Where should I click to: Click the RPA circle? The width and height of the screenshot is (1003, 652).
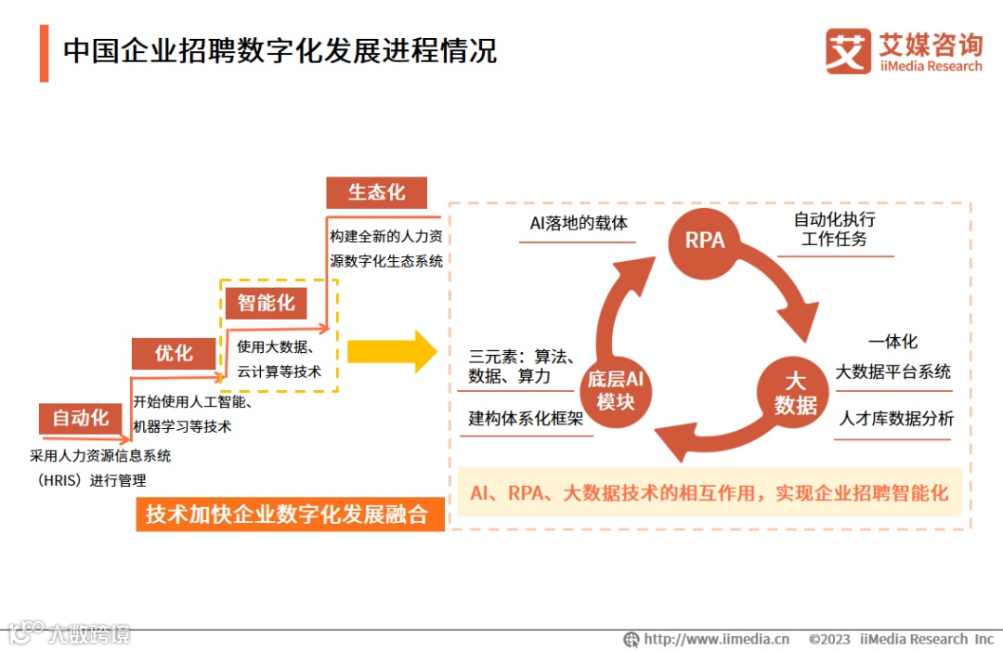[705, 241]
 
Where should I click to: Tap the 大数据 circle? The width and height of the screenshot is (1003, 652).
[795, 394]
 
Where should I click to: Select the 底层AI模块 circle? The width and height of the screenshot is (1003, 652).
[615, 390]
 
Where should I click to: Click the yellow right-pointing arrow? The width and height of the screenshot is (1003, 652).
[391, 352]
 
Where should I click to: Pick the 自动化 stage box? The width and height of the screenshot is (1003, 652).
[81, 418]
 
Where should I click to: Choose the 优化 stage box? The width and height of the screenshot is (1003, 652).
[174, 353]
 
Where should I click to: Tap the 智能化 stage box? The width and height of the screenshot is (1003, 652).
[266, 303]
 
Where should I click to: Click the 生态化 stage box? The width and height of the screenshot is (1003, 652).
[376, 192]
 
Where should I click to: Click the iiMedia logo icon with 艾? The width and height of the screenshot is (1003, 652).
[848, 51]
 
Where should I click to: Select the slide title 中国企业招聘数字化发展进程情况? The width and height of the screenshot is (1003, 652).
[280, 50]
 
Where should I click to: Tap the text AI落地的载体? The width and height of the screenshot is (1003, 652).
[579, 224]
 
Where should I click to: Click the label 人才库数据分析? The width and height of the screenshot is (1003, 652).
[896, 419]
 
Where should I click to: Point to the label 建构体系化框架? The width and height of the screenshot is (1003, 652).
[526, 419]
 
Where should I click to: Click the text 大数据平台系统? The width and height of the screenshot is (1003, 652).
[892, 372]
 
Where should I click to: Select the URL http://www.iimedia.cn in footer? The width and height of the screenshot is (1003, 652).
[716, 639]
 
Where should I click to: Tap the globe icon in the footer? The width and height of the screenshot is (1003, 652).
[632, 639]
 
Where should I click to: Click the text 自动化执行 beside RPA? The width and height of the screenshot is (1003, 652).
[834, 220]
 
